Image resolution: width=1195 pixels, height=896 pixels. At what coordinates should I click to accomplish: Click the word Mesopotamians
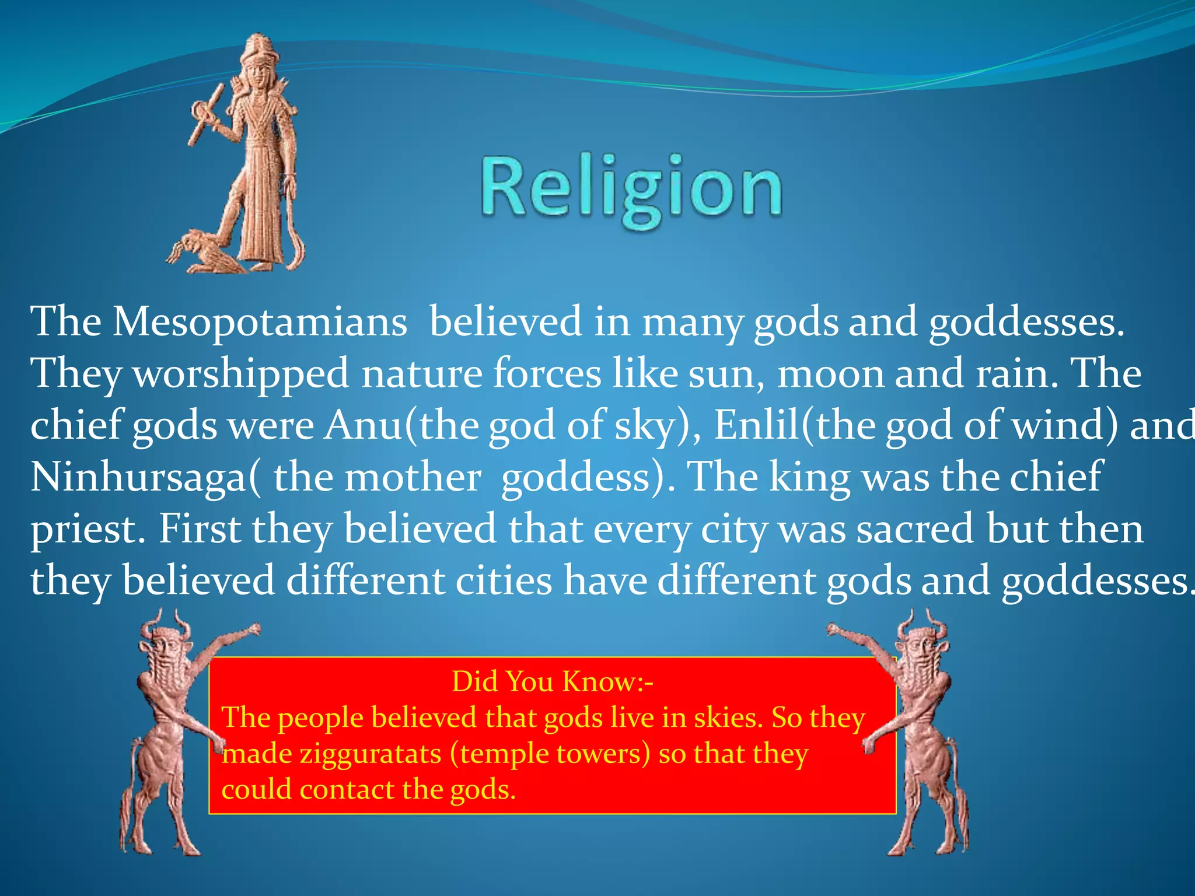pyautogui.click(x=260, y=321)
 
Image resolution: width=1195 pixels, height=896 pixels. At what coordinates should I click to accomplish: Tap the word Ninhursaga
pyautogui.click(x=139, y=477)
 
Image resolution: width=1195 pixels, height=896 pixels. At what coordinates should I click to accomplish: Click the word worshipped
pyautogui.click(x=241, y=373)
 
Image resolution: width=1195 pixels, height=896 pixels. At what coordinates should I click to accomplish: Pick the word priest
pyautogui.click(x=83, y=530)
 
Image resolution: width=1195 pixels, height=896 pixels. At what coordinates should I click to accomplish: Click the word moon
pyautogui.click(x=831, y=374)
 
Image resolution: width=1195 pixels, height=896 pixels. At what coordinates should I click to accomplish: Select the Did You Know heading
pyautogui.click(x=552, y=681)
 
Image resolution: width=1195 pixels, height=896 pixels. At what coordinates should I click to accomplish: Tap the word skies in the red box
pyautogui.click(x=728, y=717)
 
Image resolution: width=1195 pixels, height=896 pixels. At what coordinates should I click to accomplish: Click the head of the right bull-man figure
pyautogui.click(x=922, y=646)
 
